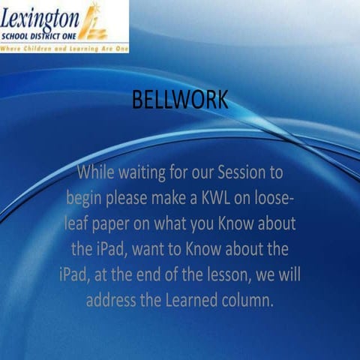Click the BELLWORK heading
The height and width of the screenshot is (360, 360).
coord(179,100)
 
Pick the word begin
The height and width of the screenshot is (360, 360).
coord(84,199)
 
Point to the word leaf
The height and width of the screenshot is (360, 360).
coord(78,223)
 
